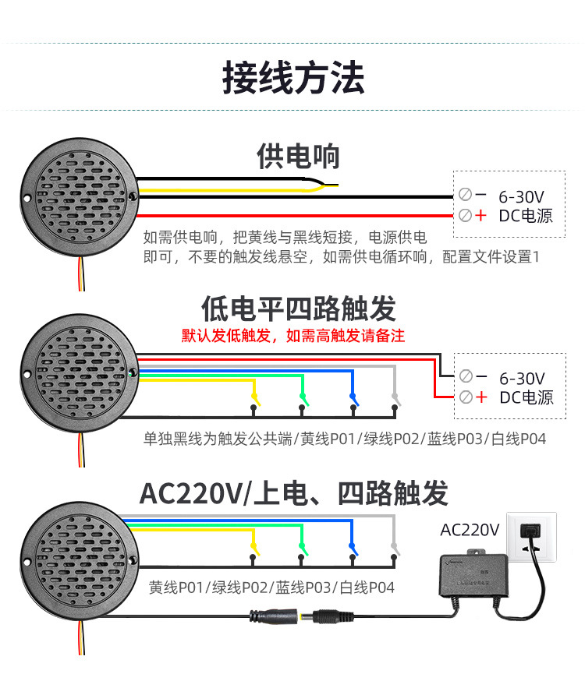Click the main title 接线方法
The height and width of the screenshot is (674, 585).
(x=293, y=78)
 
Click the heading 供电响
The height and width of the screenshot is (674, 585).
(x=299, y=156)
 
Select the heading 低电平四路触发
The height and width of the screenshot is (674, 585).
(x=299, y=309)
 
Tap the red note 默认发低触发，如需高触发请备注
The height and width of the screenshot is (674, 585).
(x=293, y=336)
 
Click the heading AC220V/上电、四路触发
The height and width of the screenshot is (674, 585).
(x=293, y=493)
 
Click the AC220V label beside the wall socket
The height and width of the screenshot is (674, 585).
(x=470, y=530)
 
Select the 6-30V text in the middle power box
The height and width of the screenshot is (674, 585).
(x=522, y=379)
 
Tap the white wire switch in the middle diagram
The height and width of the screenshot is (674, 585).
(x=395, y=401)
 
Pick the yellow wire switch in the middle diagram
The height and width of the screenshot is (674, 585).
(x=255, y=401)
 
